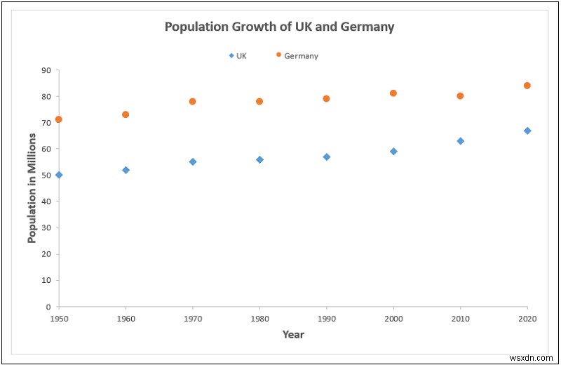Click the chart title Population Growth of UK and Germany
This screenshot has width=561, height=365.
click(x=279, y=27)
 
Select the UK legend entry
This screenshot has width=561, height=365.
click(x=238, y=55)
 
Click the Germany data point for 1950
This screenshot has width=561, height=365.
click(x=59, y=119)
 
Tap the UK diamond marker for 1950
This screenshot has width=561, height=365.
click(x=59, y=175)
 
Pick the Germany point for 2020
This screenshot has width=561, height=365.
click(x=527, y=86)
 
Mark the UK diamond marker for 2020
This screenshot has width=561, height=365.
click(x=527, y=131)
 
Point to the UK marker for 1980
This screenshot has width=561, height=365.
click(x=259, y=159)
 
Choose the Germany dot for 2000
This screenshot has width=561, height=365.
click(x=393, y=93)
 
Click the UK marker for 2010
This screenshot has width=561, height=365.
click(x=461, y=141)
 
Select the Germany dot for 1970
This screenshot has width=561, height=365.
click(x=193, y=101)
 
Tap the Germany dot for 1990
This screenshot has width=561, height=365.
click(x=326, y=98)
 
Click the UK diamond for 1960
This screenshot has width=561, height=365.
click(x=126, y=170)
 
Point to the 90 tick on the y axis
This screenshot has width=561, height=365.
click(x=46, y=70)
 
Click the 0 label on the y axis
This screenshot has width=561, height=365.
click(x=49, y=307)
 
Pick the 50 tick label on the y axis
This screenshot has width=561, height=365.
click(x=46, y=175)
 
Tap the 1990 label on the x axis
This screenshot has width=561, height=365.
click(x=326, y=319)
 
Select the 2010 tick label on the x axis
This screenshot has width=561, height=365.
click(x=460, y=319)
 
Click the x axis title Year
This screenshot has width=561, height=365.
click(x=293, y=335)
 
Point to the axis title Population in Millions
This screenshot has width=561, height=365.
click(x=32, y=188)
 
